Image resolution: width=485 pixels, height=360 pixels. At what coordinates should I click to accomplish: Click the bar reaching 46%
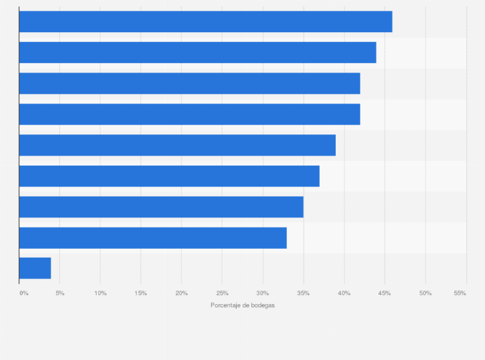pos(205,22)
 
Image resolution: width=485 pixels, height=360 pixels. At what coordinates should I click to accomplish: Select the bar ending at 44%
pos(197,53)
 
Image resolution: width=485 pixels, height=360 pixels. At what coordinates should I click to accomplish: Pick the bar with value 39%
pos(177,145)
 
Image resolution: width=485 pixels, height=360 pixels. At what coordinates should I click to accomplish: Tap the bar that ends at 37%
pos(169,176)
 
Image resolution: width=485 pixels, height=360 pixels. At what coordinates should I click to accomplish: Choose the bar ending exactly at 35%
pos(161,207)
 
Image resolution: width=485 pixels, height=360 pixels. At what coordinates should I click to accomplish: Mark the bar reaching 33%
pos(152,238)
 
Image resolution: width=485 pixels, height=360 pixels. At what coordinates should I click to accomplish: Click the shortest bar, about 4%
pos(35,269)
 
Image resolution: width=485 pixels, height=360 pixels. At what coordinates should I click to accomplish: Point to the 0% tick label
pos(24,293)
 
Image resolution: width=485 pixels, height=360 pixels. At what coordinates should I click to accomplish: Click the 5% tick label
pos(60,293)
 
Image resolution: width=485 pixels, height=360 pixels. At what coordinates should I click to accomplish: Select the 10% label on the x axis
pos(100,293)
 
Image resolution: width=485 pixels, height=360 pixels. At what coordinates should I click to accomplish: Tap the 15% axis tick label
pos(141,293)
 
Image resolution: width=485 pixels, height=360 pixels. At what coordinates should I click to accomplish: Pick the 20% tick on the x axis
pos(181,293)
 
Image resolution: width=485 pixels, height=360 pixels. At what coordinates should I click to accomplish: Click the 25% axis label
pos(222,293)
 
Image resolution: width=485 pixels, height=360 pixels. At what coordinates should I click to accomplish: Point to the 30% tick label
pos(262,293)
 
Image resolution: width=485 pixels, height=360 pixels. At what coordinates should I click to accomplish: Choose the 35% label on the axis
pos(304,293)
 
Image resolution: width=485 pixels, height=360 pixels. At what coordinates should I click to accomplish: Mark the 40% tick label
pos(344,293)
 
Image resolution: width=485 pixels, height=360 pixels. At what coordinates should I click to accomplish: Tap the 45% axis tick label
pos(385,293)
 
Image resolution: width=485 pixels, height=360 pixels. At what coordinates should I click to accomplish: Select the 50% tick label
pos(425,293)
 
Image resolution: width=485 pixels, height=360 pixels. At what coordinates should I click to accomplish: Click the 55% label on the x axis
pos(459,293)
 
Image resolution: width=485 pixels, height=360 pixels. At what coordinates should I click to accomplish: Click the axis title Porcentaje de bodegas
pos(243,305)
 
